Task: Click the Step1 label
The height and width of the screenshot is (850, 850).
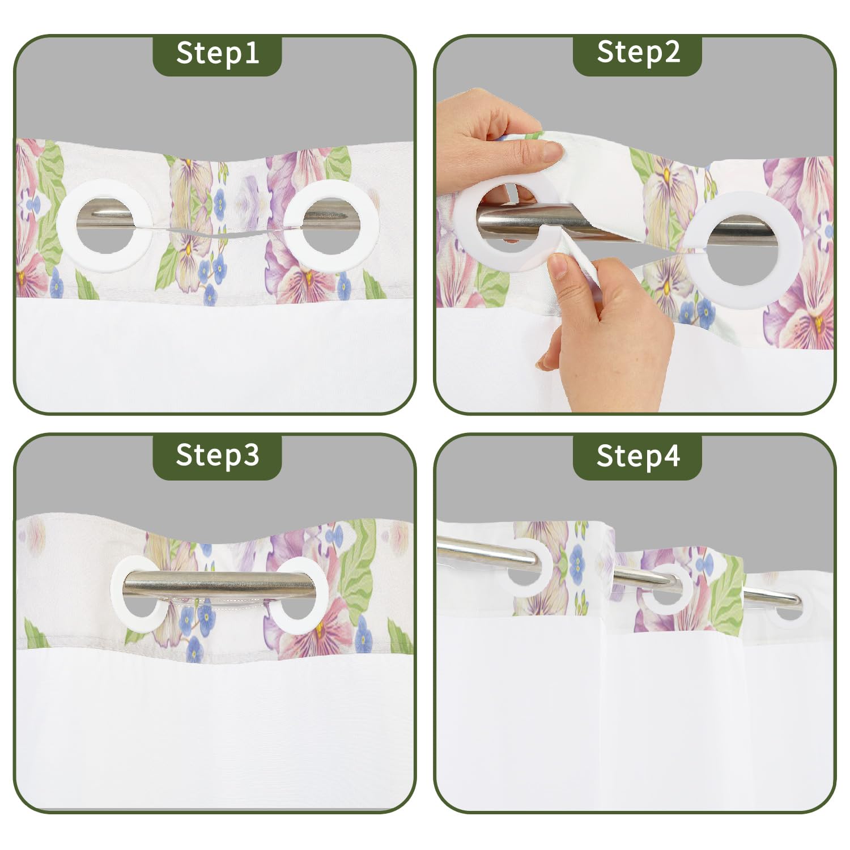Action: point(218,53)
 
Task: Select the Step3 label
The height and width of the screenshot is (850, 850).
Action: point(218,455)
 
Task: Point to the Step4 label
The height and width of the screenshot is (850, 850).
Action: point(638,456)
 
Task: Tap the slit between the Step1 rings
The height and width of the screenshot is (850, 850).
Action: point(218,232)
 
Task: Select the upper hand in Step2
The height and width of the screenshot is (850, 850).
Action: point(493,142)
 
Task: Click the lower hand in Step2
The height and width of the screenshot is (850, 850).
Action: point(606,329)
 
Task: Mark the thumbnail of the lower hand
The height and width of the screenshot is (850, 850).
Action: point(559,265)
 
